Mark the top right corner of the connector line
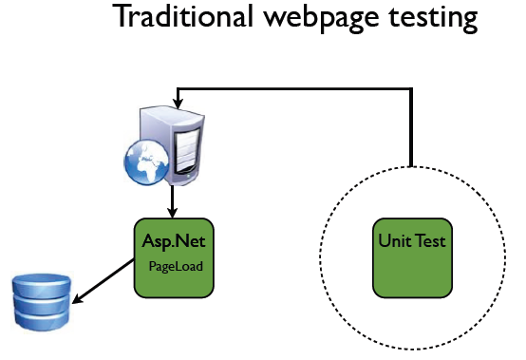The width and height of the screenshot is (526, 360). [412, 88]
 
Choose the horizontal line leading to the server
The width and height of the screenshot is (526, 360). [294, 88]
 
